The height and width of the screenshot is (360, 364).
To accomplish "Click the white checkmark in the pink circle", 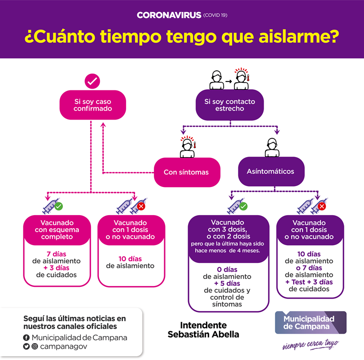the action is click(x=92, y=81).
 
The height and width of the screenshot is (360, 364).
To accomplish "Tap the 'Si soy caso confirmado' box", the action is click(x=93, y=105).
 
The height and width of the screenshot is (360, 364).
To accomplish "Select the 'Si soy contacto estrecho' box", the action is click(x=230, y=105).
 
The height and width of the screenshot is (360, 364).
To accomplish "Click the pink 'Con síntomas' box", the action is click(x=187, y=172).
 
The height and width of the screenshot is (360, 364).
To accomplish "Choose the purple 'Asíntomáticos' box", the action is click(x=272, y=172).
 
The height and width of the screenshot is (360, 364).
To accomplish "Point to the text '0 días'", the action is click(x=227, y=270).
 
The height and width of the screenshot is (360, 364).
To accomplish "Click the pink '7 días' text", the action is click(x=56, y=254).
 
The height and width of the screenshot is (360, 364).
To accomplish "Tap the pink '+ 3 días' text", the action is click(x=56, y=268).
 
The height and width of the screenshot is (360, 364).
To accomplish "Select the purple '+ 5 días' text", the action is click(x=227, y=284).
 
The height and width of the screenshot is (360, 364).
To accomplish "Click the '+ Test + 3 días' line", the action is click(x=309, y=282).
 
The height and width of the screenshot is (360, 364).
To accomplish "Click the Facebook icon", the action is click(x=26, y=337).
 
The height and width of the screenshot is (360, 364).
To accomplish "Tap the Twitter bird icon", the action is click(x=26, y=346).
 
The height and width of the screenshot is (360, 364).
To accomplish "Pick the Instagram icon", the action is click(x=35, y=346).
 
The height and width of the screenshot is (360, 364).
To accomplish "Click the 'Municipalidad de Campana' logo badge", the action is click(x=311, y=322).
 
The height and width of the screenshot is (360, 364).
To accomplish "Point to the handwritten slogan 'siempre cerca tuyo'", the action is click(x=311, y=345).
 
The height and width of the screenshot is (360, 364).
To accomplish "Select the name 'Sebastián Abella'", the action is click(x=204, y=335).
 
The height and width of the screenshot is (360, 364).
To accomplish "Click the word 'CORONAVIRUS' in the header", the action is click(x=169, y=15).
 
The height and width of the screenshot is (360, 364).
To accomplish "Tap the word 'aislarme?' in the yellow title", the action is click(x=299, y=37).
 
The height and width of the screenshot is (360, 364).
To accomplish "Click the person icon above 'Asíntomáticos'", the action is click(x=272, y=147).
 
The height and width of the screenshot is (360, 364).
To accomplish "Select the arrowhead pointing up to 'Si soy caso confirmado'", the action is click(x=103, y=125).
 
